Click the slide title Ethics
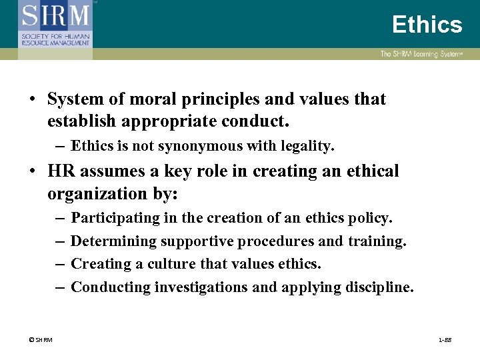(x=427, y=25)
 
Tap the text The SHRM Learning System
(x=421, y=54)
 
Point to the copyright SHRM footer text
(x=41, y=341)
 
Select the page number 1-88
(x=445, y=341)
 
